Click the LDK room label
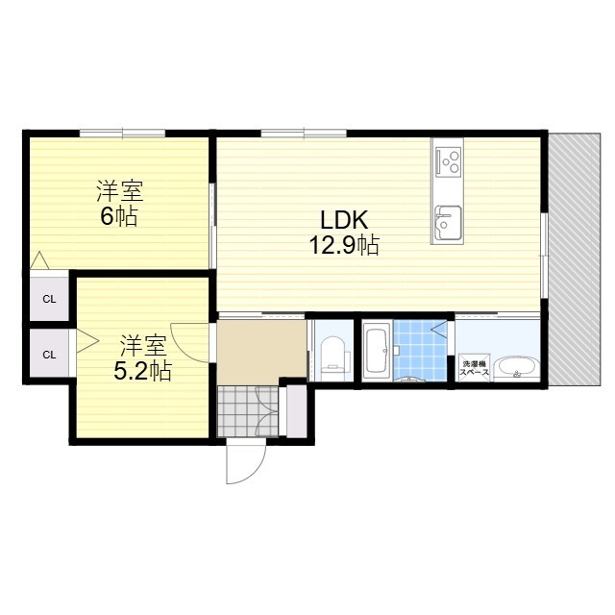[344, 220]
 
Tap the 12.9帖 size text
[344, 245]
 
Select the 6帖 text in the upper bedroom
[119, 216]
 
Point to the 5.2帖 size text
[143, 370]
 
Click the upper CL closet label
[49, 299]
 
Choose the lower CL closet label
[49, 355]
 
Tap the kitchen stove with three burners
[448, 160]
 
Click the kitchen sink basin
[447, 223]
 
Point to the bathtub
[377, 351]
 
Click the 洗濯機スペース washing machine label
[475, 367]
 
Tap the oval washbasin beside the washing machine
[516, 369]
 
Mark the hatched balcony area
[575, 259]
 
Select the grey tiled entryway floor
[248, 411]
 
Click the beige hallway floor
[260, 351]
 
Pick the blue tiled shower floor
[420, 350]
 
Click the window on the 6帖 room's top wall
[122, 134]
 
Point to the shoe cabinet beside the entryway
[297, 410]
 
